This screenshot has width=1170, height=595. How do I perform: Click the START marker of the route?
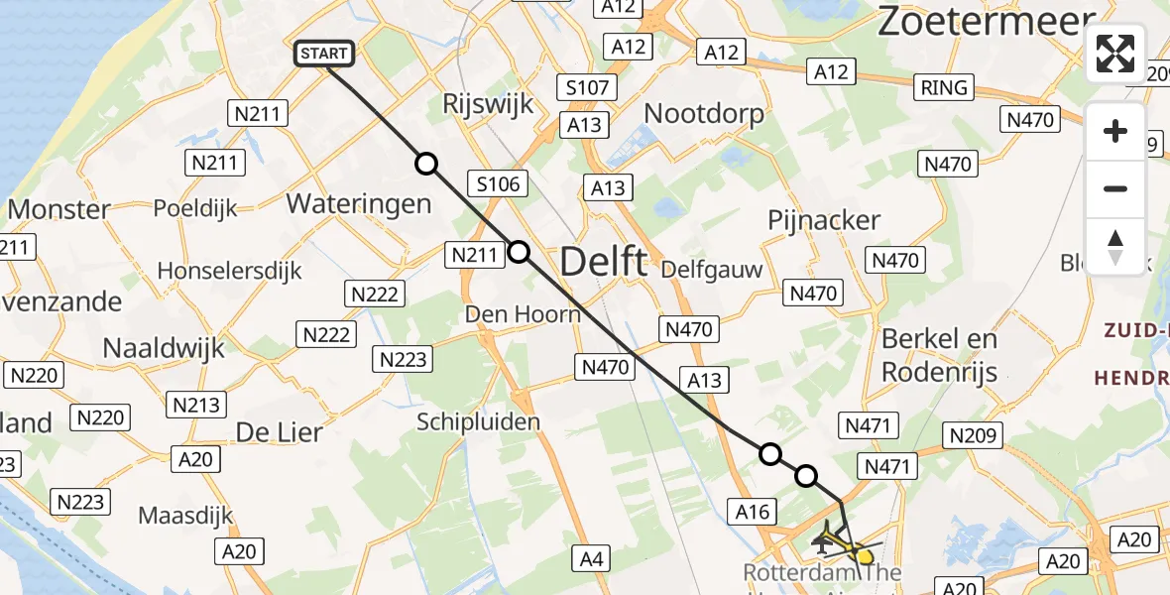(x=324, y=54)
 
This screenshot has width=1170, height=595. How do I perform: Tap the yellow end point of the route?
(x=865, y=555)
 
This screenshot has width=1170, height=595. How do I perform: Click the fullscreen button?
(x=1115, y=54)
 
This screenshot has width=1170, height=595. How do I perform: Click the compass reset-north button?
(x=1115, y=246)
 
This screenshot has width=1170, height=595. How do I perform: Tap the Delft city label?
(x=603, y=263)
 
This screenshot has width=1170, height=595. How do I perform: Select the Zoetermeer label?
(x=986, y=20)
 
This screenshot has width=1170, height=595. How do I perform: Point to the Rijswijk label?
(x=489, y=104)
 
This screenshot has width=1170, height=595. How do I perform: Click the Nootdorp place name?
(x=704, y=113)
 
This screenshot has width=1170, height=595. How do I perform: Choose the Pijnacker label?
(x=824, y=220)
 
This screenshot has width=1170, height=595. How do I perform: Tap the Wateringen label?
(x=359, y=204)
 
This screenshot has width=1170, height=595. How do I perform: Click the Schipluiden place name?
(x=478, y=421)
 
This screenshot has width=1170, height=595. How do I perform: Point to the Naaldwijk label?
(x=165, y=348)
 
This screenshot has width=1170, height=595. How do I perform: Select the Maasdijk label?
(x=185, y=516)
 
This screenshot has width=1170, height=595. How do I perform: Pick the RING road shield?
(x=944, y=87)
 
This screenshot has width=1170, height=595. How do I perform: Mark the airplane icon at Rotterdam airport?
(x=822, y=541)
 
